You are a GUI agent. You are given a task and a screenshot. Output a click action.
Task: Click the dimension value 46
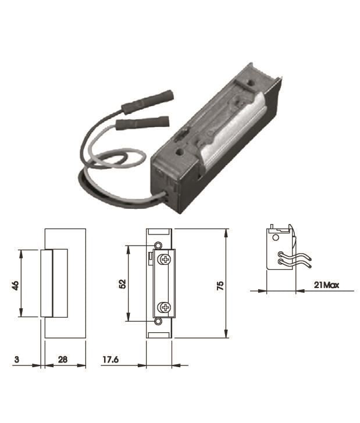pyautogui.click(x=16, y=285)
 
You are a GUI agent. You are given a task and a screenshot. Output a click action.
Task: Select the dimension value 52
pyautogui.click(x=123, y=284)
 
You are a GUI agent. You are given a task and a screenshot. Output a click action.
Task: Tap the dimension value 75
pyautogui.click(x=220, y=286)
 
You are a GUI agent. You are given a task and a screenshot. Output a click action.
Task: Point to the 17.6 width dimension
pyautogui.click(x=111, y=360)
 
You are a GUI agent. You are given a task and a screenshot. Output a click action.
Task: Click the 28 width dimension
pyautogui.click(x=63, y=360)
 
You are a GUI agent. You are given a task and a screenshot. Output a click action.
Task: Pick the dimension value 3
pyautogui.click(x=17, y=360)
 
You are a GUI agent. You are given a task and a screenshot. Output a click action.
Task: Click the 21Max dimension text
pyautogui.click(x=326, y=285)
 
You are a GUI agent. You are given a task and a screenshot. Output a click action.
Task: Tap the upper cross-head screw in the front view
pyautogui.click(x=165, y=260)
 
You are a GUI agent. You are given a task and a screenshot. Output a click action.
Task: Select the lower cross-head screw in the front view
pyautogui.click(x=165, y=307)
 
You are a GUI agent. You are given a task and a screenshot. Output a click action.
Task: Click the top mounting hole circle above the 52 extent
pyautogui.click(x=158, y=245)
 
